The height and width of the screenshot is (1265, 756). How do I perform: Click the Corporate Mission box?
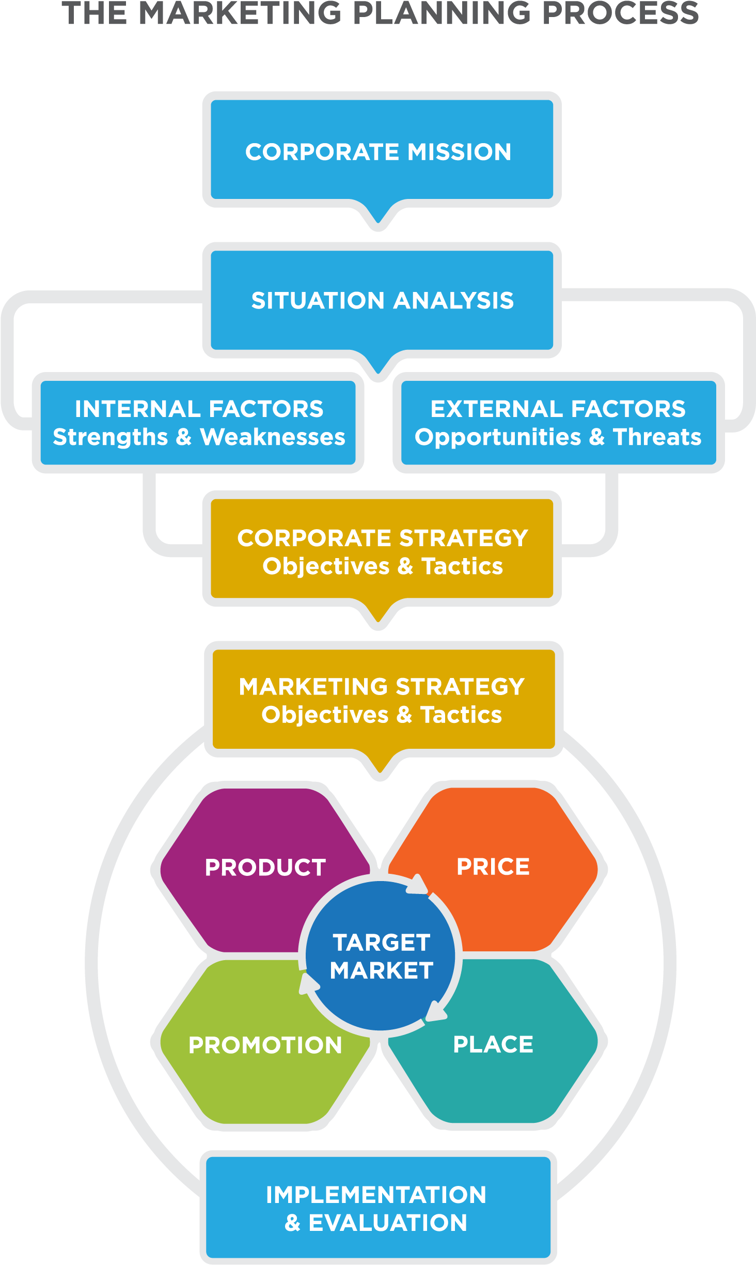(378, 151)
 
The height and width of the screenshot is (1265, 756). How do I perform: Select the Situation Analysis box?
(382, 300)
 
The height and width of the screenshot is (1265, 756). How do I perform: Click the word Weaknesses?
(272, 437)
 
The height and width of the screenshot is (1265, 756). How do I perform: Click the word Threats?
(657, 437)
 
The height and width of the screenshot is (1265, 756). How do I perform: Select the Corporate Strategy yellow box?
(382, 551)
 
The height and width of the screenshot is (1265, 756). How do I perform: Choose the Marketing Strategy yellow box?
(382, 700)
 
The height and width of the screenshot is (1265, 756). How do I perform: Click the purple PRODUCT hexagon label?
(265, 868)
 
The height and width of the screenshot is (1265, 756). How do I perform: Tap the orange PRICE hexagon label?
(493, 867)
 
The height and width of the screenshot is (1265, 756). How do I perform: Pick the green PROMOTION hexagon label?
(265, 1045)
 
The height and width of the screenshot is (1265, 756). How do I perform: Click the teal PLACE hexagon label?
(493, 1044)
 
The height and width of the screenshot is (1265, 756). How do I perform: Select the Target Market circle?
(381, 957)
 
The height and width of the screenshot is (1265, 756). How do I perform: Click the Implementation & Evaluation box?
(376, 1209)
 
